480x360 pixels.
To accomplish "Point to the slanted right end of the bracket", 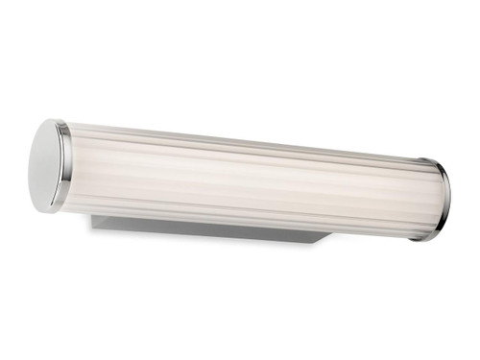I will click(324, 235).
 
